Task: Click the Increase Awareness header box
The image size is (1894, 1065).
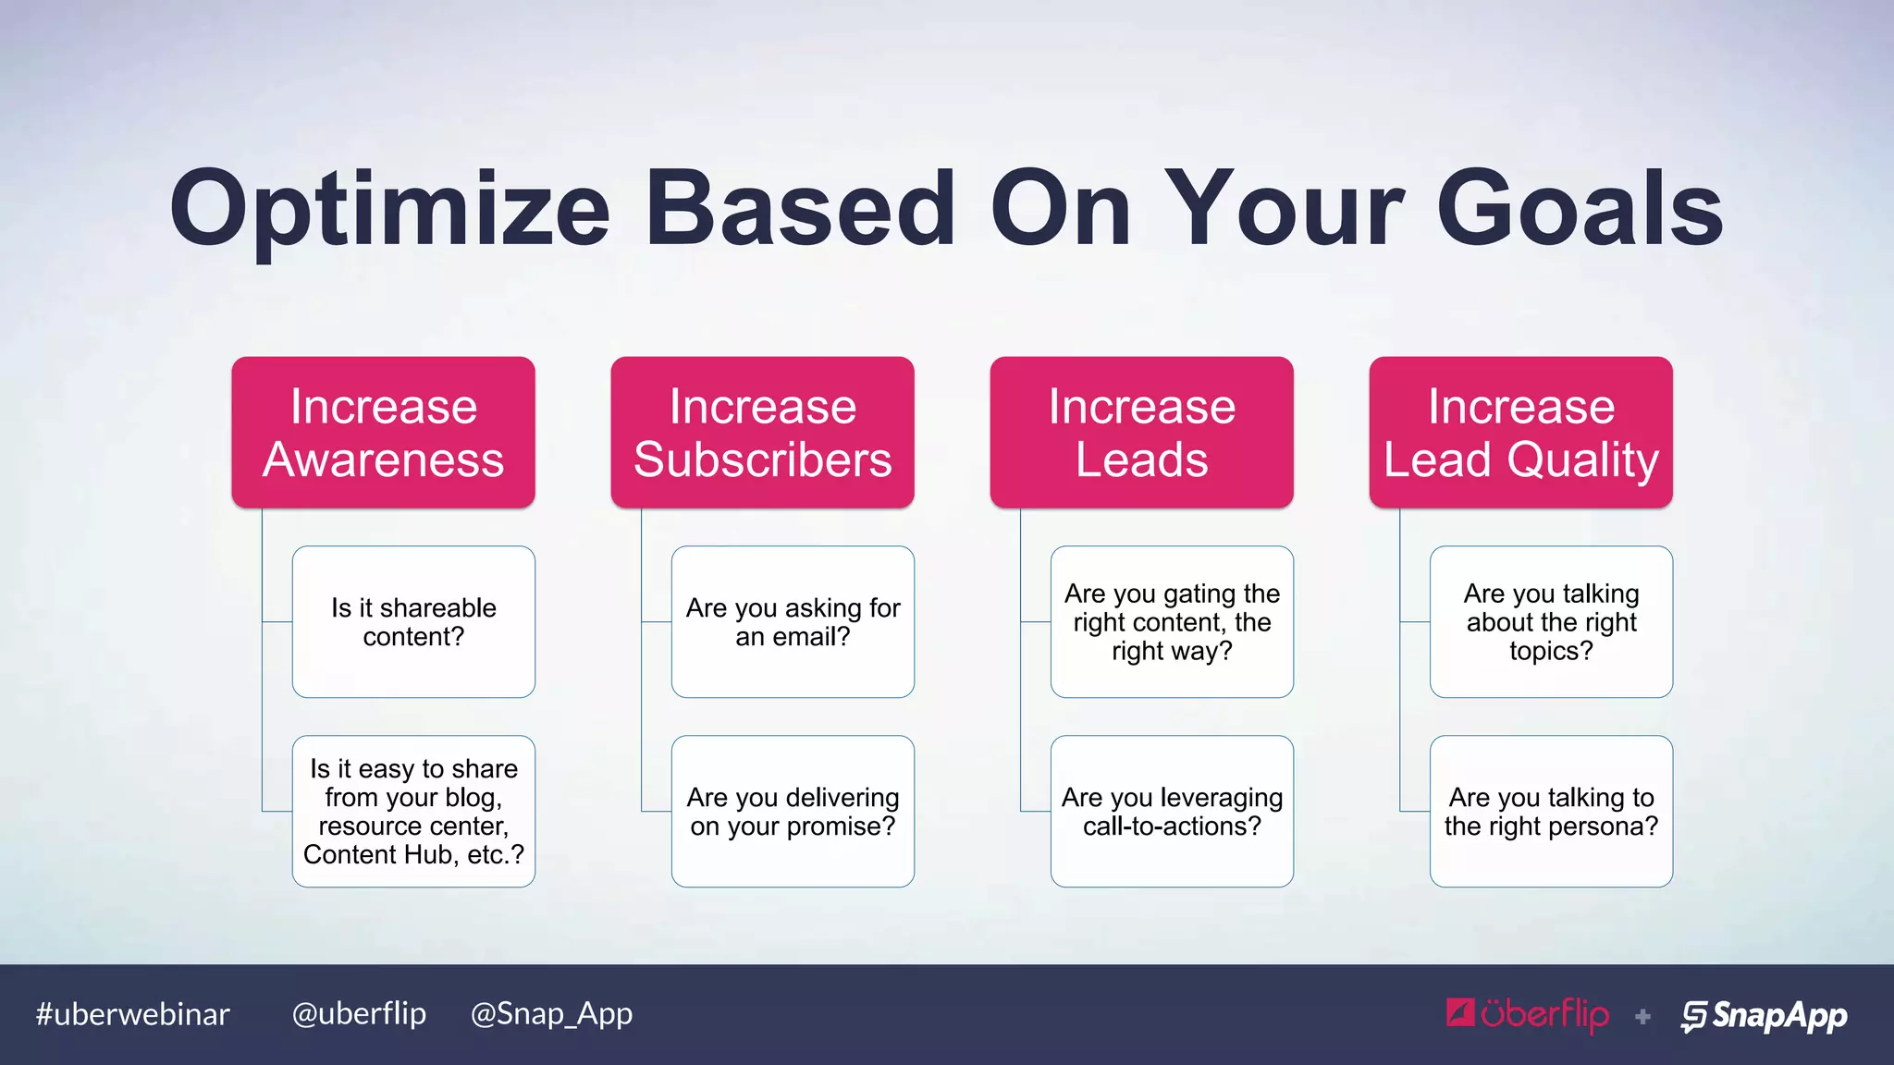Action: click(x=383, y=433)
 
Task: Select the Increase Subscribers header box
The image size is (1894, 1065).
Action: click(x=762, y=433)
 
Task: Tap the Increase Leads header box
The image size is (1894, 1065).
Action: click(x=1141, y=433)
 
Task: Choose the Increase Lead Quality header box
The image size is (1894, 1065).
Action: click(x=1520, y=433)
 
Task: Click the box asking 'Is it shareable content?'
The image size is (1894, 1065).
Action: click(x=413, y=621)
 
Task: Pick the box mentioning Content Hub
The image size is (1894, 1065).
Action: click(x=413, y=811)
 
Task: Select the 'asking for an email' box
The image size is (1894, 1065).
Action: click(x=793, y=621)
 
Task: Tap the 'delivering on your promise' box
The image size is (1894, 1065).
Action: click(x=793, y=811)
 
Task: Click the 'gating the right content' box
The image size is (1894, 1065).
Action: click(x=1172, y=621)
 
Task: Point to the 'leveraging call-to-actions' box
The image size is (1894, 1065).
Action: click(x=1172, y=811)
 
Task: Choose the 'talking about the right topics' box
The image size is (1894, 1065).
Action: click(x=1551, y=621)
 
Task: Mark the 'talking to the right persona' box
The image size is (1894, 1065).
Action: click(x=1551, y=811)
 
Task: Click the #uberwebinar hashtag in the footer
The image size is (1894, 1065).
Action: click(x=132, y=1014)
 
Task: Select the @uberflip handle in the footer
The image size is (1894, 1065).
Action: click(x=359, y=1013)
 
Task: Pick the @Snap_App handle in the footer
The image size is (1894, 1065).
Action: click(x=551, y=1014)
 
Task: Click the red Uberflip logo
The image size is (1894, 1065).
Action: click(x=1527, y=1014)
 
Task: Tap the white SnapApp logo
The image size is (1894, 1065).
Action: click(x=1764, y=1015)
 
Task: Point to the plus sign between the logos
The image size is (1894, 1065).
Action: click(x=1642, y=1017)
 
